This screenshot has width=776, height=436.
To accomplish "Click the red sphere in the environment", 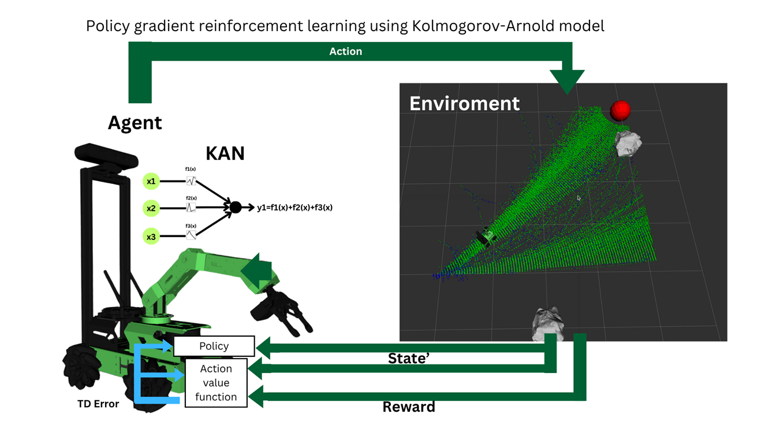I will click(x=620, y=110).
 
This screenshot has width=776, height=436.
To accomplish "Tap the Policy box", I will click(x=214, y=346).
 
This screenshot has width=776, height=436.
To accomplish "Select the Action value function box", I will click(x=216, y=383).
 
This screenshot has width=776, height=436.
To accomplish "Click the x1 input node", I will click(x=151, y=181).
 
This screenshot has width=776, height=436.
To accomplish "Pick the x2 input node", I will click(x=151, y=208).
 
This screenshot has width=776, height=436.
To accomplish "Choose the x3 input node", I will click(x=151, y=236).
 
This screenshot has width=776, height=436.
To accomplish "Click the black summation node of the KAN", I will click(x=235, y=208).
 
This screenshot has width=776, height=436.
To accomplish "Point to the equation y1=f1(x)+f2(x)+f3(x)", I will click(x=294, y=208).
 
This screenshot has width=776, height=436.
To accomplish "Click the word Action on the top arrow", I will click(x=345, y=51).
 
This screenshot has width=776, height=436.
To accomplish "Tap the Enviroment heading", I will click(x=464, y=103).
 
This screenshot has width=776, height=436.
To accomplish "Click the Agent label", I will click(x=135, y=123).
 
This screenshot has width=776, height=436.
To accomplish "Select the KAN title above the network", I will click(x=225, y=153).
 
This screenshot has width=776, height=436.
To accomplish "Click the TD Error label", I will click(x=98, y=404).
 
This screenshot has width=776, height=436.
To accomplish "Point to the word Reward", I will click(x=409, y=407).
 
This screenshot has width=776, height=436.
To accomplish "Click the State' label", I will click(x=409, y=359).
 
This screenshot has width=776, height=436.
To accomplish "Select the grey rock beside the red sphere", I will click(x=628, y=143).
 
